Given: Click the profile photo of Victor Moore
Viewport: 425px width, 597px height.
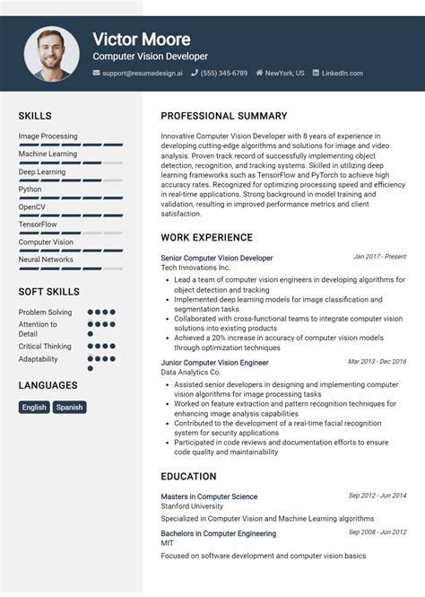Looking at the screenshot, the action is [52, 53].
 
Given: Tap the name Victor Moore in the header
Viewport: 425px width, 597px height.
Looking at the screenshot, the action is [141, 40].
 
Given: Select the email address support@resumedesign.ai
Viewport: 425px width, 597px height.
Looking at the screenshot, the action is [142, 73].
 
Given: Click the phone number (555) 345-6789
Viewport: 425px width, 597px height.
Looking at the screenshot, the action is [223, 73].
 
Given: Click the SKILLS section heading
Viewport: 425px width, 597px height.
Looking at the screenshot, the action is [35, 116].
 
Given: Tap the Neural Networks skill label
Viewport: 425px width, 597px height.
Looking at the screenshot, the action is [46, 259].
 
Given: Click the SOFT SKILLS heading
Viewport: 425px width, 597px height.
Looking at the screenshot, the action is [48, 292].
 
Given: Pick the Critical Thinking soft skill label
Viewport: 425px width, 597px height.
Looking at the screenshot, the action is [45, 347].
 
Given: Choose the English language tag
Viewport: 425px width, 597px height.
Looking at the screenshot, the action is [34, 407].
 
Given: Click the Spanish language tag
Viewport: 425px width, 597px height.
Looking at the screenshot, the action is [69, 407].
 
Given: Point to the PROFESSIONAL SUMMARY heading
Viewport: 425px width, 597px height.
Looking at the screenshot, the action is [223, 116].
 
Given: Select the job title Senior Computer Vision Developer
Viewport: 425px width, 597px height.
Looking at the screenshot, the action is [216, 258].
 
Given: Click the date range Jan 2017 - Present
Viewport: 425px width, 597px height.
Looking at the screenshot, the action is [379, 257].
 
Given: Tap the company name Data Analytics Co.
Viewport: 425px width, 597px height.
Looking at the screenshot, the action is [190, 372].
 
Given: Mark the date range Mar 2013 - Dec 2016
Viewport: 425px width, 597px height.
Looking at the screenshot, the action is [377, 362].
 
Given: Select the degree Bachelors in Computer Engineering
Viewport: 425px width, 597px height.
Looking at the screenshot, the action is [218, 533].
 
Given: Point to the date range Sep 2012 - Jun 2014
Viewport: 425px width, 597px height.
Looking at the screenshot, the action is [377, 496].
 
